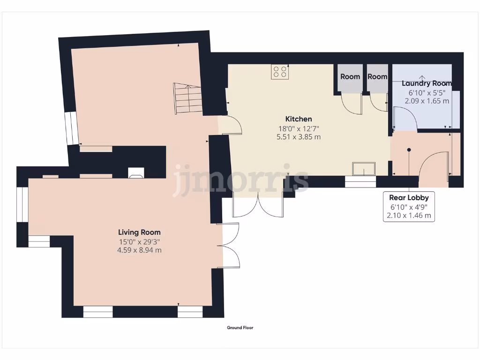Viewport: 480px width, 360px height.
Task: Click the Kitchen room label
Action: pyautogui.click(x=299, y=119)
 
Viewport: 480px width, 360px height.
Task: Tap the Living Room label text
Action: pyautogui.click(x=139, y=232)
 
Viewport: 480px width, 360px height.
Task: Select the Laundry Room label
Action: pyautogui.click(x=427, y=83)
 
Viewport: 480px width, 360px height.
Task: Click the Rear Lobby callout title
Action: pyautogui.click(x=409, y=198)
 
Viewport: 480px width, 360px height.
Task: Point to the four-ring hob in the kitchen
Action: pyautogui.click(x=280, y=72)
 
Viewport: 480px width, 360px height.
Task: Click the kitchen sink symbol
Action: pyautogui.click(x=364, y=168)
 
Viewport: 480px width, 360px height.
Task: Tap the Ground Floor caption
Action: pyautogui.click(x=240, y=328)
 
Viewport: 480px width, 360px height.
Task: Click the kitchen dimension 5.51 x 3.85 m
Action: pyautogui.click(x=299, y=137)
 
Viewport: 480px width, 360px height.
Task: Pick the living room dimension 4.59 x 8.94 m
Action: pyautogui.click(x=139, y=250)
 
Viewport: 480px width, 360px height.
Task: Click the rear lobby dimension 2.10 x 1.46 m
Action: pyautogui.click(x=409, y=216)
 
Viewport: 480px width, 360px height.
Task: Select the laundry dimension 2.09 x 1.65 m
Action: pyautogui.click(x=427, y=101)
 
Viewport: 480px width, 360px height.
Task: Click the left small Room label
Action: pyautogui.click(x=350, y=77)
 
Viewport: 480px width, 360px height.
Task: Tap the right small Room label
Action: pyautogui.click(x=377, y=77)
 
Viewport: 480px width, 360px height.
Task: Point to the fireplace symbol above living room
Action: pyautogui.click(x=136, y=172)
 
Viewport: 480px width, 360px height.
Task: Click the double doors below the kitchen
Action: pyautogui.click(x=258, y=204)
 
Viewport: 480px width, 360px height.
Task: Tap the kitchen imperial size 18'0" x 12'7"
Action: pyautogui.click(x=299, y=128)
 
